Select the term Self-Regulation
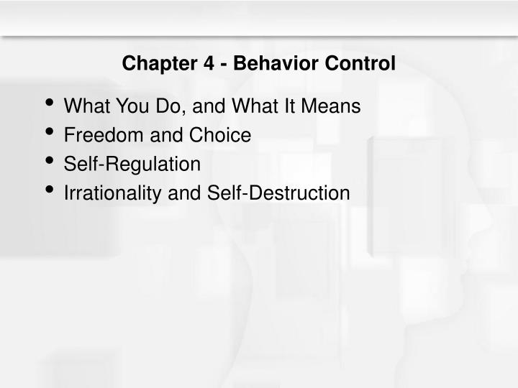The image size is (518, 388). coord(132,165)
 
